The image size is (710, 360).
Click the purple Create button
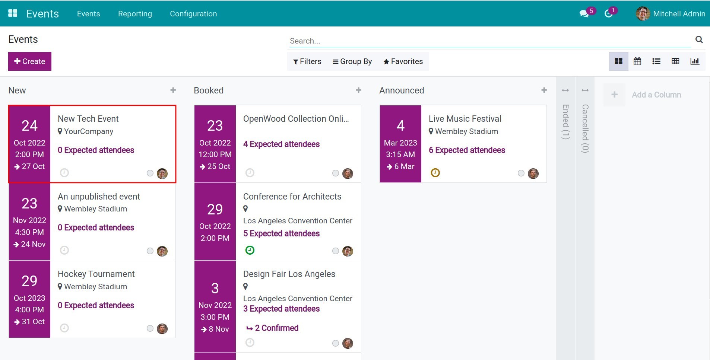click(x=30, y=61)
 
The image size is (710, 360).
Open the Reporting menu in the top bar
click(x=135, y=14)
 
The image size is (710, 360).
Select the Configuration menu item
click(x=193, y=14)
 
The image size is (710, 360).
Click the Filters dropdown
click(x=307, y=61)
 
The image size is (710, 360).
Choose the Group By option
click(x=352, y=61)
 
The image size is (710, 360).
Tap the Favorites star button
click(x=403, y=61)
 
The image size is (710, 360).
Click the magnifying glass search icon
click(x=699, y=39)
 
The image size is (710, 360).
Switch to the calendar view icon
click(x=637, y=61)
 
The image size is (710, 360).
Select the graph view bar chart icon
click(x=695, y=61)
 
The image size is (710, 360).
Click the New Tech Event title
click(x=88, y=119)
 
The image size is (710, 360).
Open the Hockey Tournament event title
click(x=96, y=274)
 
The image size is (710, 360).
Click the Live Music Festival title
click(x=465, y=119)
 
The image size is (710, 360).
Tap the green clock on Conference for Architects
click(x=250, y=250)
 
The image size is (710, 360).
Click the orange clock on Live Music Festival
click(x=435, y=173)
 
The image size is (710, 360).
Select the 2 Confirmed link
click(x=276, y=328)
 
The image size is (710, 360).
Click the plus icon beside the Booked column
click(x=359, y=90)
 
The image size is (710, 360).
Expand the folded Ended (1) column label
click(x=565, y=121)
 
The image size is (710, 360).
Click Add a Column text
click(x=656, y=95)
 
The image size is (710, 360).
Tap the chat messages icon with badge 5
click(x=584, y=14)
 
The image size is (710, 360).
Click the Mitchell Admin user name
click(x=679, y=14)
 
